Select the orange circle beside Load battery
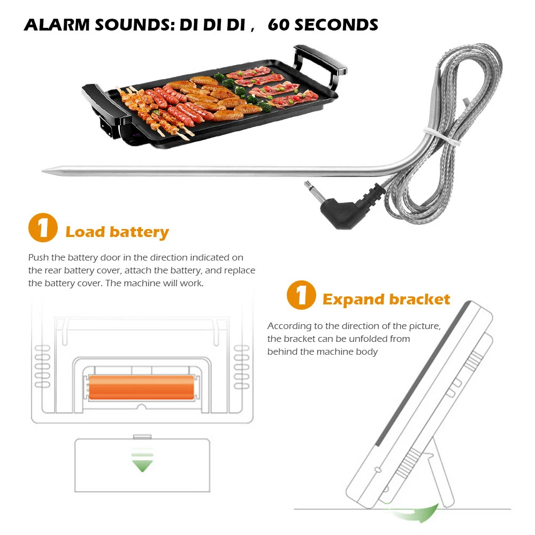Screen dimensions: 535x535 click(x=43, y=229)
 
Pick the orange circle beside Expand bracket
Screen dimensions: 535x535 click(x=301, y=296)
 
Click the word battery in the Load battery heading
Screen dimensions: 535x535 click(x=140, y=232)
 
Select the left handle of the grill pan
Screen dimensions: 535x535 click(x=96, y=96)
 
